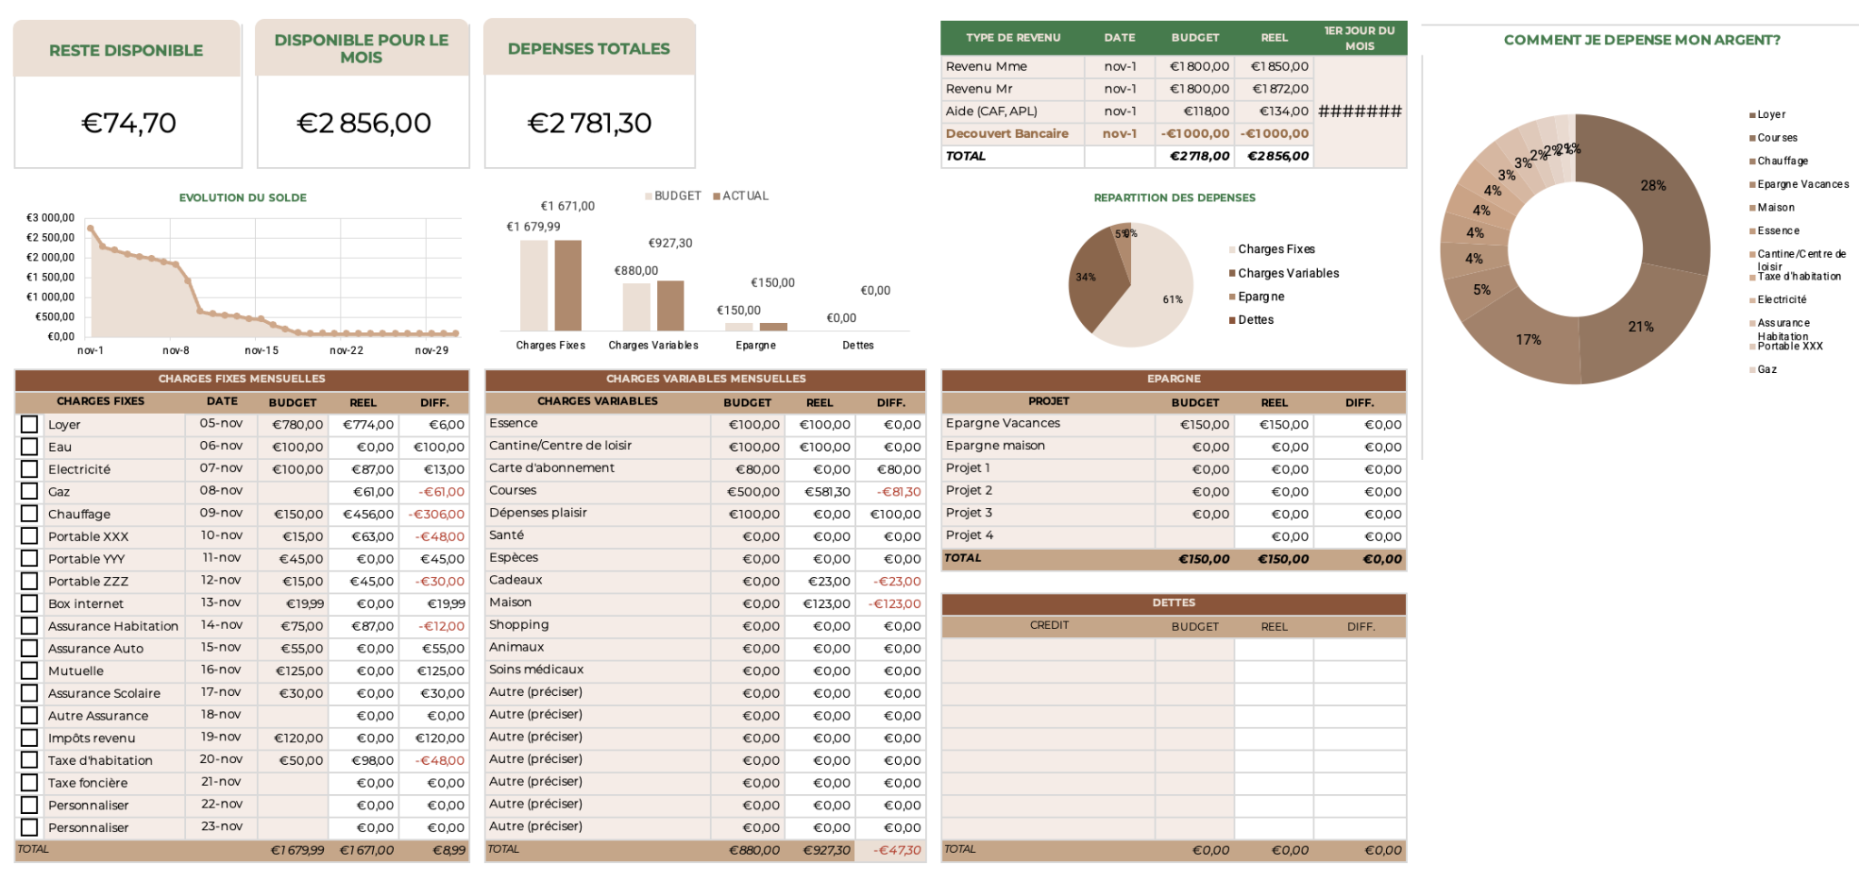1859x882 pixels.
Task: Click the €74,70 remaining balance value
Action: tap(129, 122)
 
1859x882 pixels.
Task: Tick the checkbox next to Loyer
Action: tap(30, 425)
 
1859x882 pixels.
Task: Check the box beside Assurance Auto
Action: tap(30, 648)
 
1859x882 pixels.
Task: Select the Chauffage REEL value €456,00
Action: tap(368, 514)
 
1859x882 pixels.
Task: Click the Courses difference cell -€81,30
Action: tap(898, 492)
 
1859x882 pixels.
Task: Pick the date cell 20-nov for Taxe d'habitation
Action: tap(221, 759)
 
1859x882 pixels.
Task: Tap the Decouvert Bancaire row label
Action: tap(1007, 133)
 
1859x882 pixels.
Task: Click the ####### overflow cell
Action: tap(1360, 112)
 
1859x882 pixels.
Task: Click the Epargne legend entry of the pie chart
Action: tap(1261, 297)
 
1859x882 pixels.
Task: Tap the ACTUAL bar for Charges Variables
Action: tap(671, 306)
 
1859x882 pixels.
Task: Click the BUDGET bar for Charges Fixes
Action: tap(534, 285)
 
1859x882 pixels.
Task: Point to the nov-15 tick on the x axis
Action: tap(261, 350)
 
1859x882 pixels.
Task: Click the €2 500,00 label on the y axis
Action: tap(51, 238)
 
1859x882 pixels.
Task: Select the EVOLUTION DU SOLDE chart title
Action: tap(242, 198)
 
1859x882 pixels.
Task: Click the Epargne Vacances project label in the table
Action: tap(1002, 424)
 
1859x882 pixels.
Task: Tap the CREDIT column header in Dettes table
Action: tap(1049, 625)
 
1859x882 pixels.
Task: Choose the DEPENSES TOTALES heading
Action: tap(588, 49)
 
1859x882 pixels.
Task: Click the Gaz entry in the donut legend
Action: tap(1766, 369)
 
